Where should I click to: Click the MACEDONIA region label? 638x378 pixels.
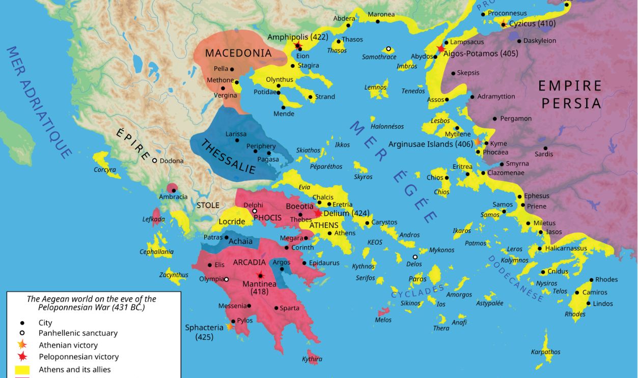(x=238, y=53)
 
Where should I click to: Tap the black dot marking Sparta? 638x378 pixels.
(x=276, y=308)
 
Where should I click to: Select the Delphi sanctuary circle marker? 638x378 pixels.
(x=255, y=211)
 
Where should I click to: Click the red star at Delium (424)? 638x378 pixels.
(x=318, y=213)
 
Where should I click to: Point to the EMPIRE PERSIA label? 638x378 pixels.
(x=570, y=95)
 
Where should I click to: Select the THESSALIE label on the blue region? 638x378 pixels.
(x=228, y=157)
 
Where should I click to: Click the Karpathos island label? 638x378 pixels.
(x=545, y=352)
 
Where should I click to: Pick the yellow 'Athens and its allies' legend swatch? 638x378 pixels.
(x=22, y=370)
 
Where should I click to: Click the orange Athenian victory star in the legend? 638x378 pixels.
(x=22, y=345)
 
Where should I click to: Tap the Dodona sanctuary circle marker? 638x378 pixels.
(x=154, y=160)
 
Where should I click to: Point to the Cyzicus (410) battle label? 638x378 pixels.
(x=532, y=23)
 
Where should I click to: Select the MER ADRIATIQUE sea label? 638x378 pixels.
(x=38, y=102)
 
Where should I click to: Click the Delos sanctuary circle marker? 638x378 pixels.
(x=415, y=257)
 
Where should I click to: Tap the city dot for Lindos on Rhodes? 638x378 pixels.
(x=589, y=304)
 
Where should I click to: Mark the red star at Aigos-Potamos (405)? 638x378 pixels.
(x=440, y=49)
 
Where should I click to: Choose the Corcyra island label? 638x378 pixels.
(x=104, y=169)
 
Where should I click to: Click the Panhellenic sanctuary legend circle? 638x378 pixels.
(x=22, y=333)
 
